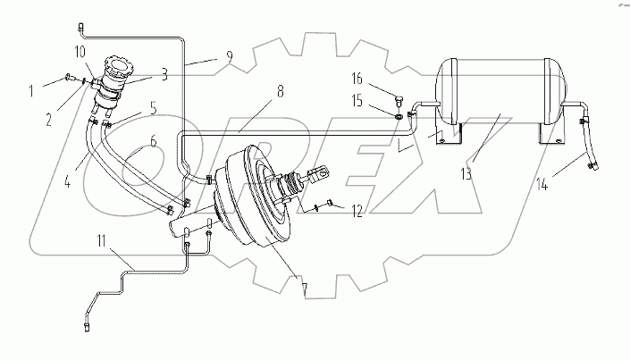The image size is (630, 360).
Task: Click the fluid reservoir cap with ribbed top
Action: coord(117,68)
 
